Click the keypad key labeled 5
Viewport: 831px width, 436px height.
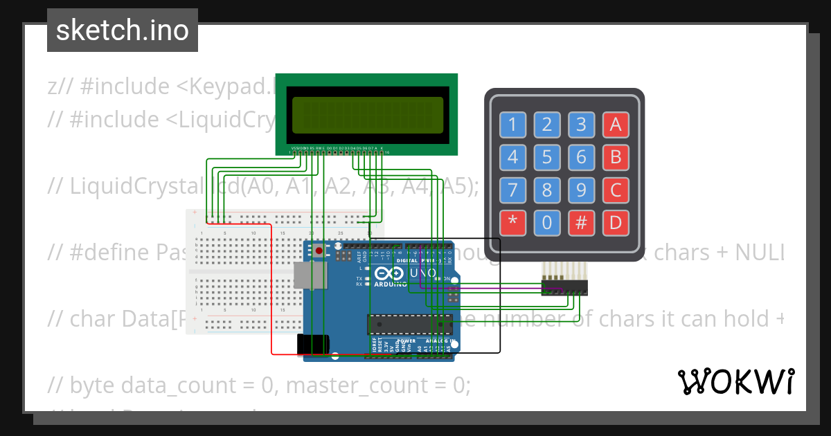coord(547,157)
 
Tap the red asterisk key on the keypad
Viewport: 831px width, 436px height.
coord(512,222)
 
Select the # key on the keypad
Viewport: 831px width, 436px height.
coord(582,222)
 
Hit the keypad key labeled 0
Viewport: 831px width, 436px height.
coord(547,222)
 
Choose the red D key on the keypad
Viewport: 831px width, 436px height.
coord(616,222)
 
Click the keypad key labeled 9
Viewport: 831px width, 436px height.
coord(582,190)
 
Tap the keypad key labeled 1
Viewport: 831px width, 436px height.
coord(512,125)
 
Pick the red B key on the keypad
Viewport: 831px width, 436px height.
coord(616,157)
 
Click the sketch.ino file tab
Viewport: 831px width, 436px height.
coord(123,30)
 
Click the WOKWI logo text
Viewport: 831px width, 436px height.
coord(735,381)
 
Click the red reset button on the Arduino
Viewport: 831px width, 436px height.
coord(319,251)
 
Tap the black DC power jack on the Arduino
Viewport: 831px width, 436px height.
coord(310,345)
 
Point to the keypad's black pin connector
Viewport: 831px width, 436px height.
coord(564,287)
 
